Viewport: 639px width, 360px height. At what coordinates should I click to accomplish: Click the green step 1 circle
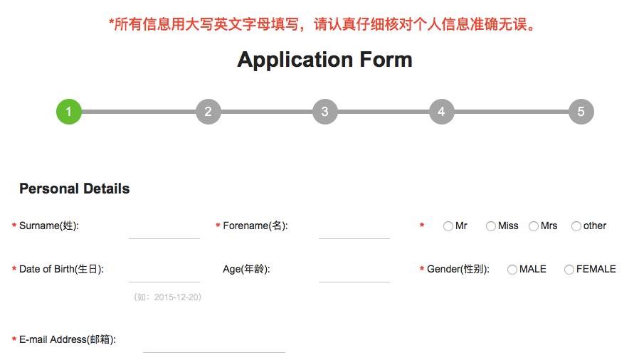coord(69,112)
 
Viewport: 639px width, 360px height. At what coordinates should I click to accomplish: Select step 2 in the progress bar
coord(208,112)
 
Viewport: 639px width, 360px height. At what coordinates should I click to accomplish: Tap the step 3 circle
coord(324,112)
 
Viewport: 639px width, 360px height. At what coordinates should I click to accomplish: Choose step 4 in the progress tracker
coord(441,112)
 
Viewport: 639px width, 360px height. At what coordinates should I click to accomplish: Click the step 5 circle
coord(581,112)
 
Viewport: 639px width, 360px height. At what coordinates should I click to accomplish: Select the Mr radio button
coord(448,226)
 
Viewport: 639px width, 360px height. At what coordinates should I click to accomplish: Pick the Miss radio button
coord(491,226)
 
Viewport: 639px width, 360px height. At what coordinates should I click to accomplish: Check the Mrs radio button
coord(534,226)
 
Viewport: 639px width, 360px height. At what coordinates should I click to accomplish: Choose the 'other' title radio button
coord(576,226)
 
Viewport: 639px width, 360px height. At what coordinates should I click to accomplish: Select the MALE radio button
coord(512,270)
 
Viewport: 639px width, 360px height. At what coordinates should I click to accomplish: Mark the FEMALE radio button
coord(569,270)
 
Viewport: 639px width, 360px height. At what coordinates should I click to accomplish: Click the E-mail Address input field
coord(213,342)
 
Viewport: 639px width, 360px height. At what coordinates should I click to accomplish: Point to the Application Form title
coord(324,59)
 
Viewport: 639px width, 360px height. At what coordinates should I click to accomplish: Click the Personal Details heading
coord(75,189)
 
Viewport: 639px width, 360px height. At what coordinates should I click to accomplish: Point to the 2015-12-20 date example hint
coord(167,297)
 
